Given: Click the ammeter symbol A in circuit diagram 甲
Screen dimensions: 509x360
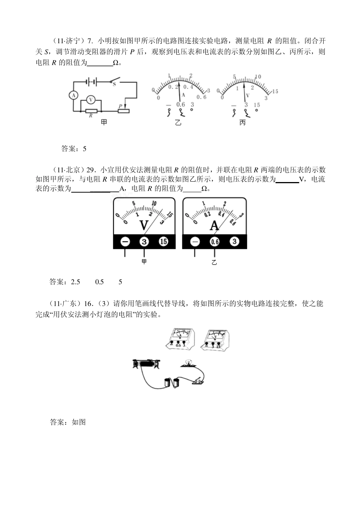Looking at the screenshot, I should pyautogui.click(x=74, y=95).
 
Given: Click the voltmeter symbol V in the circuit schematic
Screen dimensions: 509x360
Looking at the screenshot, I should pyautogui.click(x=91, y=99).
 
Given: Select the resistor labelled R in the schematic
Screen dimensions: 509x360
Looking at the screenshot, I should pyautogui.click(x=91, y=111).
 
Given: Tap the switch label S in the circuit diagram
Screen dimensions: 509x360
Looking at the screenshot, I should pyautogui.click(x=114, y=85).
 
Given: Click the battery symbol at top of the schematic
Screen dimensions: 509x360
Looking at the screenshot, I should pyautogui.click(x=91, y=81).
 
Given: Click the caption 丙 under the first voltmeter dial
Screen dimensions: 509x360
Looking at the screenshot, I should pyautogui.click(x=243, y=123).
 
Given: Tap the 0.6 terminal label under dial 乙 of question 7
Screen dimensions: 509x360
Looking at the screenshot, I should pyautogui.click(x=181, y=105).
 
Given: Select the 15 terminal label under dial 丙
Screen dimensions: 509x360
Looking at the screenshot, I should pyautogui.click(x=257, y=105).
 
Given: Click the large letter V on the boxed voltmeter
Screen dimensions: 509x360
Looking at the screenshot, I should pyautogui.click(x=144, y=226).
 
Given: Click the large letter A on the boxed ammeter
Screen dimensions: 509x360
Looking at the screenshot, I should pyautogui.click(x=214, y=226).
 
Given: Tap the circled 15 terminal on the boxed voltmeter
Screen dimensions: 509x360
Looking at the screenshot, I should pyautogui.click(x=163, y=242).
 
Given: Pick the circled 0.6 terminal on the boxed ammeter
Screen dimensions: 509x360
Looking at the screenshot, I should pyautogui.click(x=215, y=242).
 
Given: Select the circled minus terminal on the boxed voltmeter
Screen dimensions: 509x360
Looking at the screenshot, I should pyautogui.click(x=125, y=242).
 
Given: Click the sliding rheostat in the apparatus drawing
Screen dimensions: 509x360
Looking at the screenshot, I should pyautogui.click(x=146, y=364).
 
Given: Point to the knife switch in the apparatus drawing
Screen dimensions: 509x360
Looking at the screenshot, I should pyautogui.click(x=198, y=380).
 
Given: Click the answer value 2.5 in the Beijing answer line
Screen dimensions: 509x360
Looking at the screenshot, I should pyautogui.click(x=75, y=282).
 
